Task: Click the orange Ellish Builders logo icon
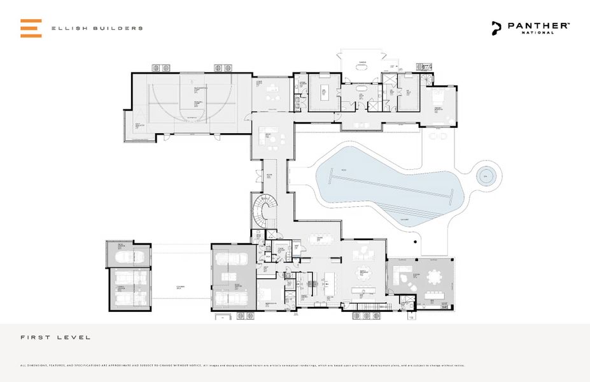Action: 31,28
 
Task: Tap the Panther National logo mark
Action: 496,27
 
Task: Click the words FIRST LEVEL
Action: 55,337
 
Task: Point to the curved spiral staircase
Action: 263,211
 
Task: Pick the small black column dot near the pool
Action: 414,241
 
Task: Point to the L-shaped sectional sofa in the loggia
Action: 400,278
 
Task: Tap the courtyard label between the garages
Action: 181,288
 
